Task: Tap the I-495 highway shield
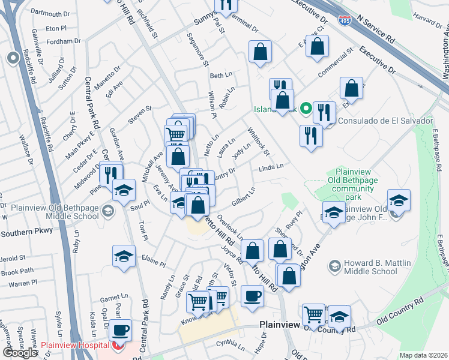pyautogui.click(x=345, y=22)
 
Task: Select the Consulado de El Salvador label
pyautogui.click(x=385, y=121)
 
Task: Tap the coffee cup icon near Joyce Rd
pyautogui.click(x=252, y=295)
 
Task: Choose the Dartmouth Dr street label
pyautogui.click(x=50, y=14)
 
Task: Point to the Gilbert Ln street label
pyautogui.click(x=244, y=196)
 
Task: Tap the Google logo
pyautogui.click(x=20, y=352)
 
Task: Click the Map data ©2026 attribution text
pyautogui.click(x=424, y=355)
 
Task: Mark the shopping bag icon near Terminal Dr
pyautogui.click(x=261, y=52)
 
